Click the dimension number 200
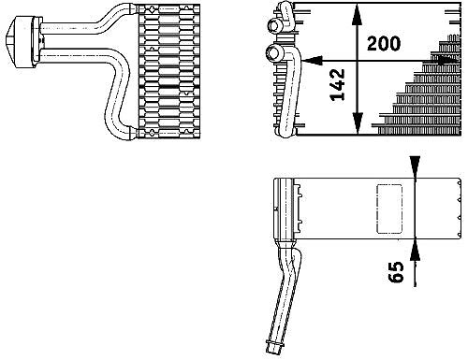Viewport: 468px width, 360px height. (384, 44)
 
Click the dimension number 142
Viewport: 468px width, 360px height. (338, 85)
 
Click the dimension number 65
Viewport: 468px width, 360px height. (396, 272)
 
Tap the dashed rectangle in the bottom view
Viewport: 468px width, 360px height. (389, 209)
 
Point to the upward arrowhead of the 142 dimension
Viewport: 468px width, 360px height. (358, 15)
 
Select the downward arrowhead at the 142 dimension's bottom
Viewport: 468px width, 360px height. (358, 123)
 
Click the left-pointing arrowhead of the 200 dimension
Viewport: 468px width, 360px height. (312, 60)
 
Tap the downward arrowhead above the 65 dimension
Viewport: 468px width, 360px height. (415, 167)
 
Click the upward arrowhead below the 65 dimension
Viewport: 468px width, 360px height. (415, 250)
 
